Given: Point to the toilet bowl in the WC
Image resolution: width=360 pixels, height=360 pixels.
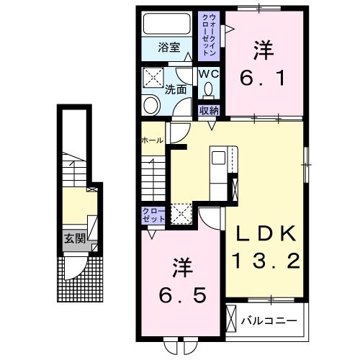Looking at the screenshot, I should coord(209,90).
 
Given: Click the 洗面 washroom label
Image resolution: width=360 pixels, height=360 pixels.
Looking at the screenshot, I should coord(176,91).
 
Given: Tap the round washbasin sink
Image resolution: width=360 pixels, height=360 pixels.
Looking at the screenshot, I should coord(152,106).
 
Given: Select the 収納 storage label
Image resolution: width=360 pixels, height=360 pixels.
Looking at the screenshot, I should coord(209,111).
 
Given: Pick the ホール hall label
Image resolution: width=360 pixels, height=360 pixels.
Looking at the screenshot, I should coord(152,140).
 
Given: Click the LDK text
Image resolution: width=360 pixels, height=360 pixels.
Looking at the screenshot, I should coord(263,233).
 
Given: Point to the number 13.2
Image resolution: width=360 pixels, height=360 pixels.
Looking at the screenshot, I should coord(264,260).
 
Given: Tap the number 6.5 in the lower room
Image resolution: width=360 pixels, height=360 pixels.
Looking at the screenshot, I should coord(184,294).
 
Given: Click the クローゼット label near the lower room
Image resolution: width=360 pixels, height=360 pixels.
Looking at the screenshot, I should coord(153,215).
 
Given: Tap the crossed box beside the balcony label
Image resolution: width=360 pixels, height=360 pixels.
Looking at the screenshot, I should coord(232,318).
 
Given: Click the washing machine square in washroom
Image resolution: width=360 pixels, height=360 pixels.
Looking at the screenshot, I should coord(153,78).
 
